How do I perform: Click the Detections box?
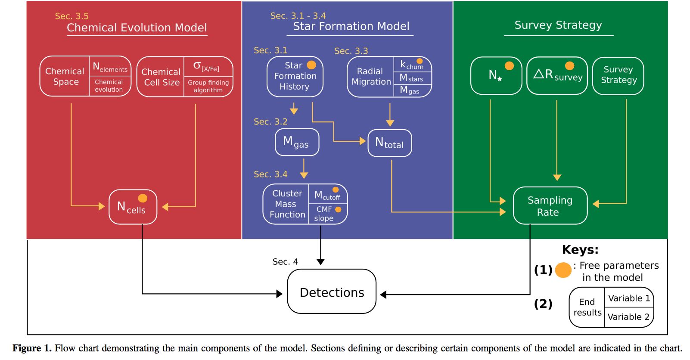332,292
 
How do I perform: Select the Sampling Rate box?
550,206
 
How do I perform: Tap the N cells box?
133,207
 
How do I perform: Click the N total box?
389,143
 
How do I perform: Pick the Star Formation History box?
295,76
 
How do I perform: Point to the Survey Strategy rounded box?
618,75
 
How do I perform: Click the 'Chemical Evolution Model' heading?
137,28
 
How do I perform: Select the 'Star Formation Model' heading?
351,27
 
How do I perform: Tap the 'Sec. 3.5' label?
71,16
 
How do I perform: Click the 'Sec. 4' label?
285,262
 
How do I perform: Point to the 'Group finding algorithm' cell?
208,86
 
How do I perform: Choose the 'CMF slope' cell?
327,214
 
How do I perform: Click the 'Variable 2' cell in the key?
628,317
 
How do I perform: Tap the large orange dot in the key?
563,270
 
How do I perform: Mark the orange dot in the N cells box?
143,198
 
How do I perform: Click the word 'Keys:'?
580,250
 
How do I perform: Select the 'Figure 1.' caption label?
32,348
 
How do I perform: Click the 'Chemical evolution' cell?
109,86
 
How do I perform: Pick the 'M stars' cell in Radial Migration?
412,78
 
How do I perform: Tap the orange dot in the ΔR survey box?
569,65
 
